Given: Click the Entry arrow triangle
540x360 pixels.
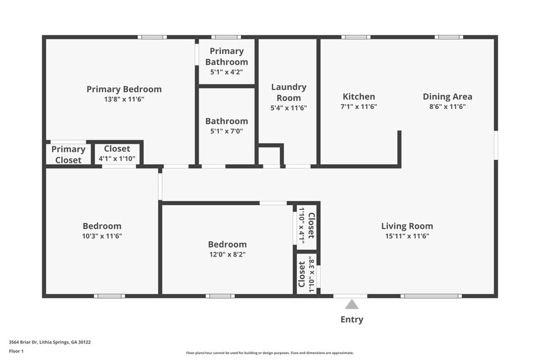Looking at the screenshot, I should click(351, 304).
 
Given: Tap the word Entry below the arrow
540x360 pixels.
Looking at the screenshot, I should click(351, 320).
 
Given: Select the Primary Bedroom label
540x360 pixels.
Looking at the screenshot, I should click(124, 89).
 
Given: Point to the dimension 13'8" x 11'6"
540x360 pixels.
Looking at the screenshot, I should click(124, 99).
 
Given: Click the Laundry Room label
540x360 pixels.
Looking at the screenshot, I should click(288, 92).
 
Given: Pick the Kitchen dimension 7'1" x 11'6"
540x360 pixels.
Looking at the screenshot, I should click(359, 107).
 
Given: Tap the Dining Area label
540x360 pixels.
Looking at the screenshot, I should click(447, 96).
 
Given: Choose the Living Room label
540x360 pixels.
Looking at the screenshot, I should click(407, 226).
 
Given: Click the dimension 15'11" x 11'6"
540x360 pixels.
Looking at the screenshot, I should click(407, 236).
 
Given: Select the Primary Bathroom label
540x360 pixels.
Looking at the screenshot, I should click(227, 56).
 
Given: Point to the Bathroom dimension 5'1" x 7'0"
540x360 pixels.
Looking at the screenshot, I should click(227, 130).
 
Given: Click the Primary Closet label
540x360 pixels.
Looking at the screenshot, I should click(68, 154).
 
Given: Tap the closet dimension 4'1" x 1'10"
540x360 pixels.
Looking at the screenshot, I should click(117, 159).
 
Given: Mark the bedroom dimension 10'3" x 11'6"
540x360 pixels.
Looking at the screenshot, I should click(102, 236).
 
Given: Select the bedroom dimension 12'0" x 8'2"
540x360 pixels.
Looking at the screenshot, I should click(227, 254).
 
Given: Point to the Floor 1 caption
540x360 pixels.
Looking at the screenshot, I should click(17, 351).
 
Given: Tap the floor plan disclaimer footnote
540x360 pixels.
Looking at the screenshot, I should click(269, 353).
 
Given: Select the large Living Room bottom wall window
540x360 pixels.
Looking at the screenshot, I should click(430, 296).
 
